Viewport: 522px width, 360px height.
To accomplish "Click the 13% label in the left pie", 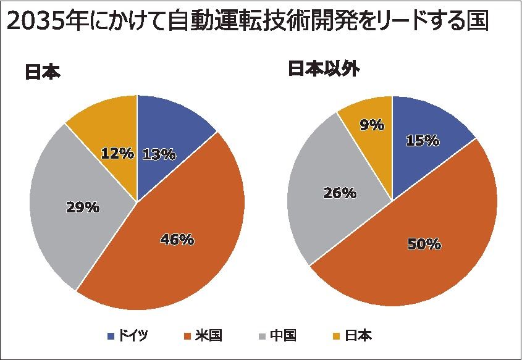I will click(x=159, y=154).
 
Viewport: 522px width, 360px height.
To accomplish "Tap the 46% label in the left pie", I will click(x=177, y=240).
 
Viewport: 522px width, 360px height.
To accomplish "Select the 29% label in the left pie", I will click(x=83, y=207).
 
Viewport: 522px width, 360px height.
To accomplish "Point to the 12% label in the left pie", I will click(x=117, y=153).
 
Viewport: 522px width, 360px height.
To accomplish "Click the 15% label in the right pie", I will click(x=423, y=140).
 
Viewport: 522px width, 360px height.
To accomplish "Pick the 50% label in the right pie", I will click(x=424, y=245).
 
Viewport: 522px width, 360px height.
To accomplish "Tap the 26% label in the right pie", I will click(x=340, y=193).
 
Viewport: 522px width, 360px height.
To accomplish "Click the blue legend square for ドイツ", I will click(x=111, y=336).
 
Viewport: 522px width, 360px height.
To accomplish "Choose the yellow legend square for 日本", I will click(x=337, y=336).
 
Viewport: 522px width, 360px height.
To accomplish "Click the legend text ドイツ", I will click(x=133, y=336).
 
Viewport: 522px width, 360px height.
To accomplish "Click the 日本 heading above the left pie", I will click(x=43, y=72).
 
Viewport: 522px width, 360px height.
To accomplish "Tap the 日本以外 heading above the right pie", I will click(x=324, y=69).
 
